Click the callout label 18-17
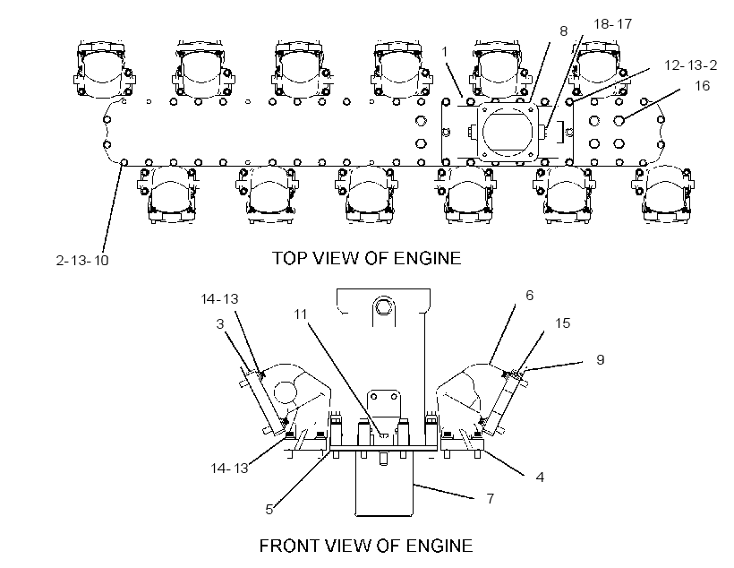point(613,24)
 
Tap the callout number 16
point(702,86)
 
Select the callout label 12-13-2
point(690,65)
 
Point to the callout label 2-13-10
point(82,260)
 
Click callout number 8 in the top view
point(564,31)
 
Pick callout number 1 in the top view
point(445,52)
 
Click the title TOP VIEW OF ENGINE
point(366,258)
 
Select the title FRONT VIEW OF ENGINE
point(366,546)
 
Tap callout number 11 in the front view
point(300,314)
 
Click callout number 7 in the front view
point(491,499)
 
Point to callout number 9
point(600,360)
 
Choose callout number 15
point(563,323)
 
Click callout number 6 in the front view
point(529,296)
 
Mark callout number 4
point(540,478)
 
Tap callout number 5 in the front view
point(269,510)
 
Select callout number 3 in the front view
point(220,323)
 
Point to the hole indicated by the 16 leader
point(619,120)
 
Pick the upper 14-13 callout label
point(219,299)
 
